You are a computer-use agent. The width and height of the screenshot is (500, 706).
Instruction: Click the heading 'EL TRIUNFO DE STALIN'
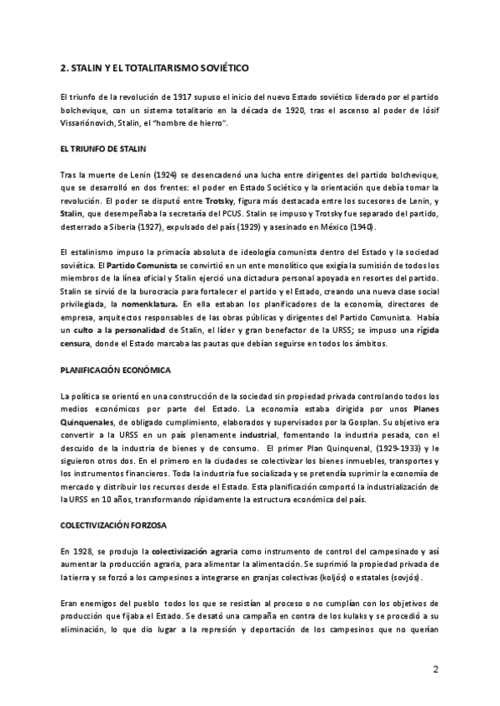(x=103, y=149)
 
